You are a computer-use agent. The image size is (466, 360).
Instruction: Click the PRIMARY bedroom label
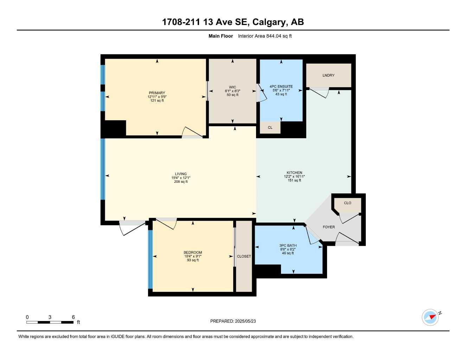[157, 93]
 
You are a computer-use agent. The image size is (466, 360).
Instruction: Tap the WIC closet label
[232, 87]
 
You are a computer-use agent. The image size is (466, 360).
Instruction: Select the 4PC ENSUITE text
[281, 86]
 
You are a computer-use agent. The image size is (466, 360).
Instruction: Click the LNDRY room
[328, 75]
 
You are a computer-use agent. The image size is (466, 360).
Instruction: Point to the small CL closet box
[270, 128]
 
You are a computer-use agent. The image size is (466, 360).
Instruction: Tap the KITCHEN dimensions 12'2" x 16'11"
[294, 176]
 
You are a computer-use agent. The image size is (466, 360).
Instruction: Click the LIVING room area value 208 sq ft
[181, 182]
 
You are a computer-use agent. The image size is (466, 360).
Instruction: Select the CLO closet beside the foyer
[347, 203]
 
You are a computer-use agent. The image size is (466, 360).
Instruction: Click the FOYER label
[329, 227]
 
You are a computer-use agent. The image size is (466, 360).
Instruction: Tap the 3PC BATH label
[288, 245]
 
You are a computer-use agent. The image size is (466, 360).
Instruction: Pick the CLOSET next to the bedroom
[244, 256]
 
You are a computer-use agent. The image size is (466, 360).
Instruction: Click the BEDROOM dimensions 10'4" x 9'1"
[193, 256]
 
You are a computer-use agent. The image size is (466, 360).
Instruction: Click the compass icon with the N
[430, 317]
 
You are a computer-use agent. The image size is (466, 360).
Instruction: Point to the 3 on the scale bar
[50, 317]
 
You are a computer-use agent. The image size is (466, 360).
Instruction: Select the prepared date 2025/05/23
[245, 321]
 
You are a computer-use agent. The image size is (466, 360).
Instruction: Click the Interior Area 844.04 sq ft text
[265, 36]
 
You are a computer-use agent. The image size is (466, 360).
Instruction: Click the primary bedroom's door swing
[192, 132]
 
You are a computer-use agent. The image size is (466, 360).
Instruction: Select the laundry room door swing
[320, 93]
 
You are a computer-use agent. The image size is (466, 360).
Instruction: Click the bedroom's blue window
[151, 259]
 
